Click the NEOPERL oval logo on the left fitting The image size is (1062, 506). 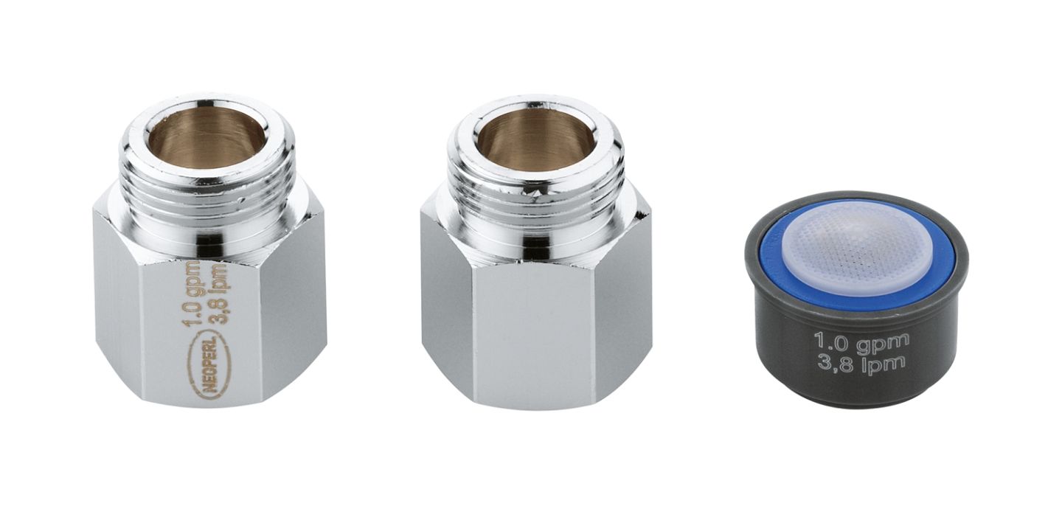click(206, 364)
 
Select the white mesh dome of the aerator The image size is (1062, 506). click(858, 252)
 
